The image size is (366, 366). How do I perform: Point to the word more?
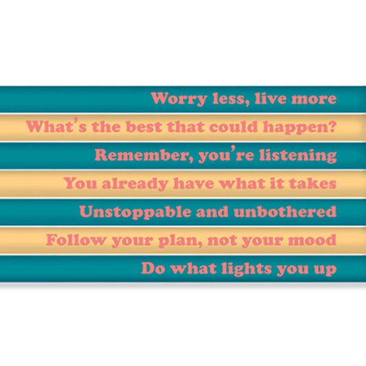point(314,98)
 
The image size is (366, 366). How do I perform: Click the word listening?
point(299,155)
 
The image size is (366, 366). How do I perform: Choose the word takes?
point(314,183)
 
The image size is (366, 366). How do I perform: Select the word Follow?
point(73,240)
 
